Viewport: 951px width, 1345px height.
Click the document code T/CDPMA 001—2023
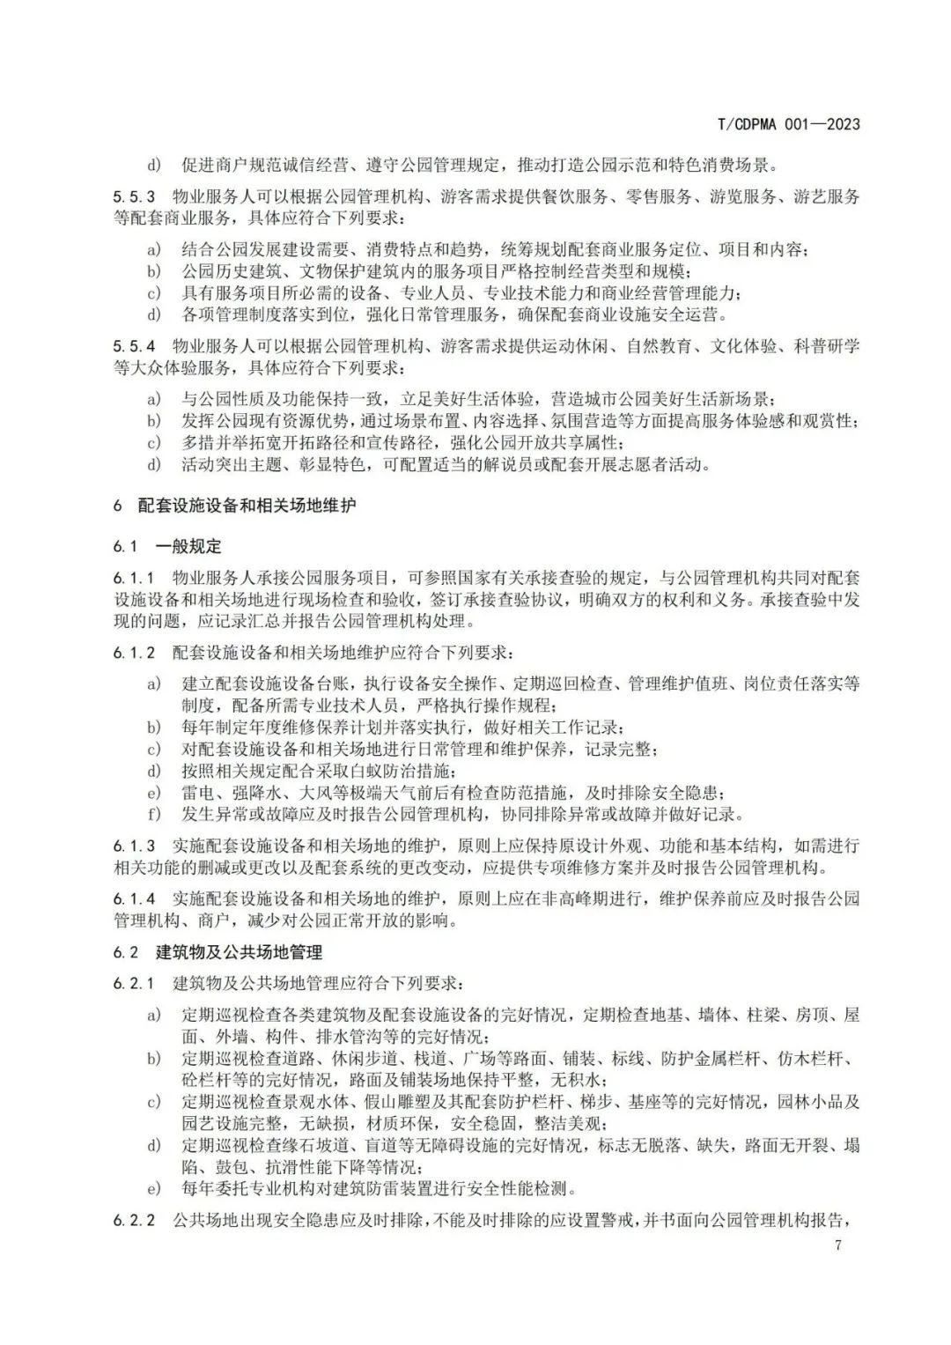(789, 124)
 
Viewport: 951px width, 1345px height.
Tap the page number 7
(837, 1245)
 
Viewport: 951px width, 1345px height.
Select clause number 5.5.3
(134, 196)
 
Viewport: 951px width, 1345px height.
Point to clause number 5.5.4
(134, 345)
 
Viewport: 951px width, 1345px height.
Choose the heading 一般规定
(188, 546)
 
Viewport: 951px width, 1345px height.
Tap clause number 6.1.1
(134, 579)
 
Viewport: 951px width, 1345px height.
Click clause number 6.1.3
(134, 846)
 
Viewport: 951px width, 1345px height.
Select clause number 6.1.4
(134, 898)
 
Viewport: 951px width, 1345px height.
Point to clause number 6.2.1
(134, 983)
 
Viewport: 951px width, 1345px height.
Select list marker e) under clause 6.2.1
(154, 1188)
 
